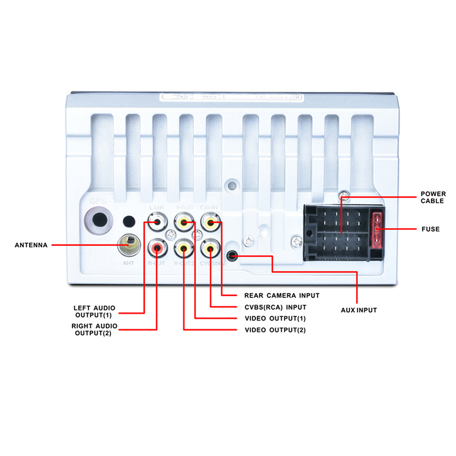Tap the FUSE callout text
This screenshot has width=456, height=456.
coord(430,229)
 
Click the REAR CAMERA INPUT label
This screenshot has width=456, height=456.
coord(282,295)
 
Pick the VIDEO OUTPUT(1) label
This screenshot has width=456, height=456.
coord(275,318)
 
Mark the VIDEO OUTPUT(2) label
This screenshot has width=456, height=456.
coord(275,330)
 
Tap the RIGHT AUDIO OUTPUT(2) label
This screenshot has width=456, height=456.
coord(95,329)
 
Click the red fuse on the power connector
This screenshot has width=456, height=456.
coord(377,229)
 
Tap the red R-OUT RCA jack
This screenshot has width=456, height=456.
coord(156,247)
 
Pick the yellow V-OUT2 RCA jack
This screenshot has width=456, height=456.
coord(184,247)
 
